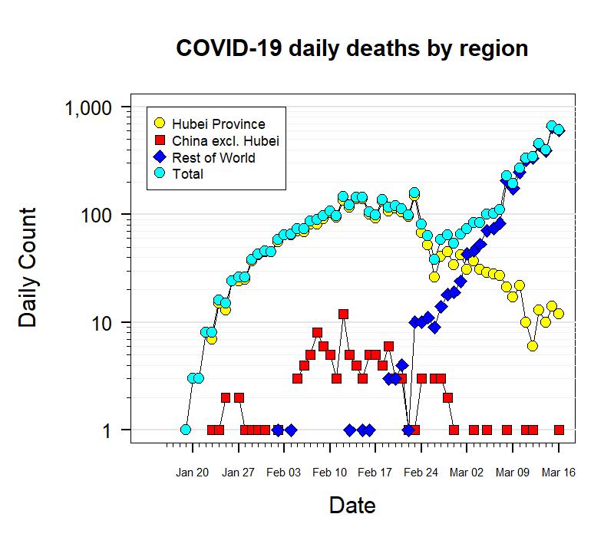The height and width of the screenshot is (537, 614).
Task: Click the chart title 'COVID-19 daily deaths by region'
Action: tap(352, 48)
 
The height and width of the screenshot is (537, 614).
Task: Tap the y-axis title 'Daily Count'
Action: tap(28, 267)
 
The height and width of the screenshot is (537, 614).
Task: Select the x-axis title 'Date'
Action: tap(352, 506)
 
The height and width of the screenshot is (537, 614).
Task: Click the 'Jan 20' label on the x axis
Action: tap(191, 473)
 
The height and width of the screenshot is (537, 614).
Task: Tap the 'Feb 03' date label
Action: tap(283, 473)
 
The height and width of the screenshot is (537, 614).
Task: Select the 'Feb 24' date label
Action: tap(421, 473)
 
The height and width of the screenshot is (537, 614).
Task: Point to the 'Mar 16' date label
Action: tap(558, 473)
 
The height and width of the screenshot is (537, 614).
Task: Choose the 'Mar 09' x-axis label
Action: tap(513, 473)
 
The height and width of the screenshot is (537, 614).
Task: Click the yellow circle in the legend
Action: tap(160, 124)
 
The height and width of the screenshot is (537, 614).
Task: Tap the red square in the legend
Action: tap(160, 140)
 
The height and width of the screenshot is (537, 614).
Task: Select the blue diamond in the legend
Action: tap(160, 157)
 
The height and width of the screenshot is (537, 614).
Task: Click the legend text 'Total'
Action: tap(188, 174)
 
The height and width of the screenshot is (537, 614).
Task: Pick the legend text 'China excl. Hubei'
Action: tap(225, 140)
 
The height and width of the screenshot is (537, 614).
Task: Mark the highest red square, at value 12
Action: tap(343, 314)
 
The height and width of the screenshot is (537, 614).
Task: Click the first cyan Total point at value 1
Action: tap(185, 430)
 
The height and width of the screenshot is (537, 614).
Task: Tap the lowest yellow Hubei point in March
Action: tap(533, 346)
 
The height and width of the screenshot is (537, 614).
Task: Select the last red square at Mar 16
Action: tap(559, 430)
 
